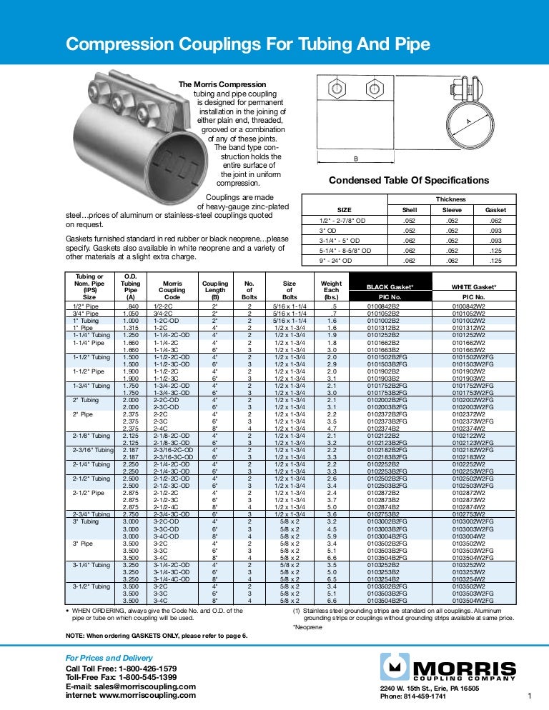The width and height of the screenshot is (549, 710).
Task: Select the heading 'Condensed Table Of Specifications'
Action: click(x=409, y=181)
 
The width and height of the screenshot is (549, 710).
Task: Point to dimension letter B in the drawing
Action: click(x=355, y=159)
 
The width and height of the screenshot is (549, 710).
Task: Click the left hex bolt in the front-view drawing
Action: click(x=336, y=91)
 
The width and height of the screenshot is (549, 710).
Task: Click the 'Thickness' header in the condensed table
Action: click(x=451, y=199)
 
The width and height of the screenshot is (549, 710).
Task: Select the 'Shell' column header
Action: click(x=409, y=210)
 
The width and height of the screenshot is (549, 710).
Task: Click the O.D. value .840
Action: click(x=132, y=306)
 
